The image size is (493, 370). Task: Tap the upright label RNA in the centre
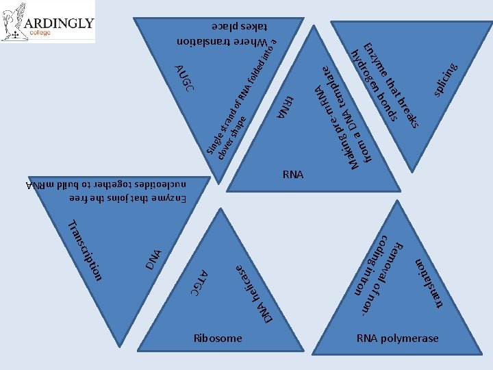click(x=292, y=175)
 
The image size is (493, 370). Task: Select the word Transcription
click(x=86, y=251)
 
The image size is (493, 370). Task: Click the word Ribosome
click(x=218, y=338)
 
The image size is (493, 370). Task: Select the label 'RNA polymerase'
click(x=397, y=338)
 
